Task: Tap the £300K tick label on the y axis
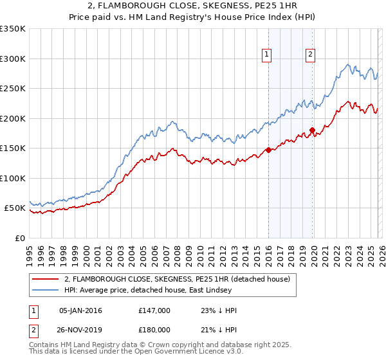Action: tap(13, 59)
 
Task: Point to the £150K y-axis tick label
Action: tap(13, 148)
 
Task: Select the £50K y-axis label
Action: tap(15, 208)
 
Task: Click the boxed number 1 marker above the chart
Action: tap(266, 55)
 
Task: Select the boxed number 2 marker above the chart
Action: tap(310, 55)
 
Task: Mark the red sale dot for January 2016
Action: tap(268, 150)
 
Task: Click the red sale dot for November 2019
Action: tap(312, 130)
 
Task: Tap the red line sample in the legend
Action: tap(46, 279)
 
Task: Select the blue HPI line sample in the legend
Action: tap(46, 290)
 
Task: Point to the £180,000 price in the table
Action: tap(154, 328)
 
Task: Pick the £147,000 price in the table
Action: tap(154, 310)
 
